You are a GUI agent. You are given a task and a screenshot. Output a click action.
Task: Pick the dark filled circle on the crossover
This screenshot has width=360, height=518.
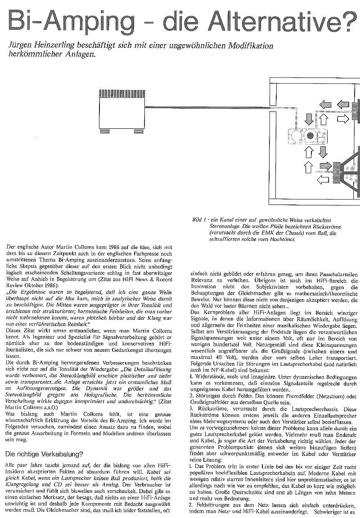[310, 136]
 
